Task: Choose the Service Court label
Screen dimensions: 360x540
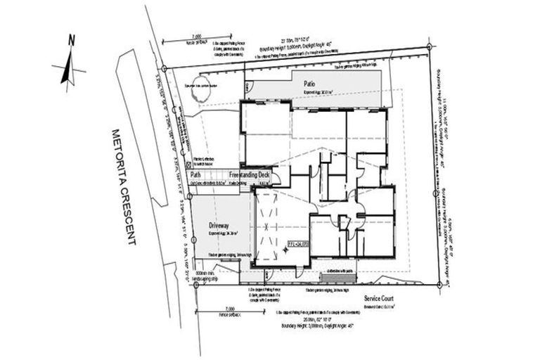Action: (380, 298)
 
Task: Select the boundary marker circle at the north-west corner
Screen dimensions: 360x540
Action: (164, 68)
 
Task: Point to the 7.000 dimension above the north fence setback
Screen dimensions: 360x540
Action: (195, 35)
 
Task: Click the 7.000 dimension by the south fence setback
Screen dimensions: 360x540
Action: (226, 309)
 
